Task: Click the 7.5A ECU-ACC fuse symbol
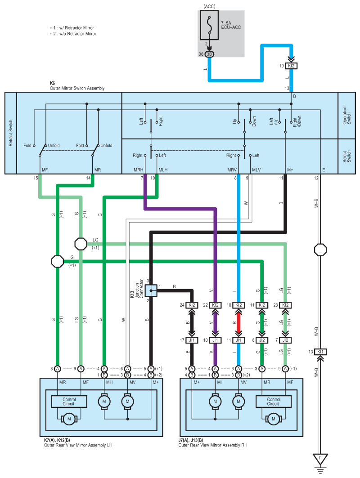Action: click(x=209, y=25)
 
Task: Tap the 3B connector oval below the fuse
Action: click(x=209, y=54)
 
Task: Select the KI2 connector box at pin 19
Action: click(x=291, y=66)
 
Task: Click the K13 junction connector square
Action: click(x=151, y=290)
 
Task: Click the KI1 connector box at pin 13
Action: click(x=320, y=352)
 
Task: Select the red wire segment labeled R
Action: click(x=238, y=322)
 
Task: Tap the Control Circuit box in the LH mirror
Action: click(x=69, y=402)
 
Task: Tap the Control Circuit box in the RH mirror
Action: click(x=273, y=402)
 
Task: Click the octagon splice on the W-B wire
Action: click(x=320, y=250)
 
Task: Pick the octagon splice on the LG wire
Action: click(x=81, y=244)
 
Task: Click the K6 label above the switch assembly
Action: click(x=53, y=83)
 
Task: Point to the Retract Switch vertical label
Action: click(x=11, y=133)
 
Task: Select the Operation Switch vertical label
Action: click(x=346, y=115)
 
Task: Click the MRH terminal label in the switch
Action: click(x=139, y=170)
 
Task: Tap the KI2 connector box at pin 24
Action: click(x=192, y=305)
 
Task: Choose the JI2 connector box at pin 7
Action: click(x=285, y=340)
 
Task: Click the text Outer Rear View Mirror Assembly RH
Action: click(x=213, y=445)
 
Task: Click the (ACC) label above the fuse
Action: click(x=209, y=6)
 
